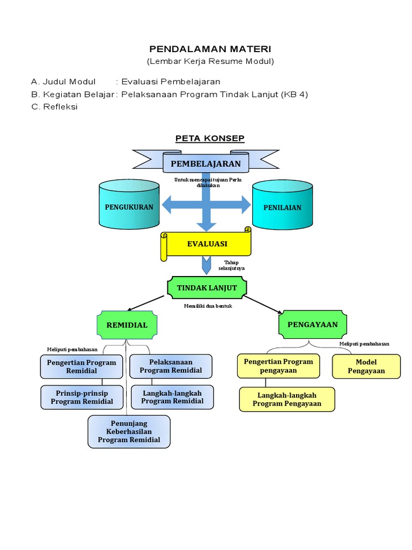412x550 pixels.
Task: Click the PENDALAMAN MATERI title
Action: coord(210,49)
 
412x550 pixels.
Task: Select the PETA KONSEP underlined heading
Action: coord(210,139)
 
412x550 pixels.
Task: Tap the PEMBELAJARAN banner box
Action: coord(206,163)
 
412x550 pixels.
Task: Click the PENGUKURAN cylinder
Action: coord(129,207)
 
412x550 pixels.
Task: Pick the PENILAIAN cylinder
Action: coord(282,207)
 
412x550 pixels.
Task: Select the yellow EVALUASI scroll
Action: coord(207,244)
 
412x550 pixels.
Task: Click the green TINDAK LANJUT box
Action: coord(207,288)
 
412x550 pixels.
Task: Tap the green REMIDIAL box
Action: coord(127,325)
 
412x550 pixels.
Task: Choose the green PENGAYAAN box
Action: coord(312,324)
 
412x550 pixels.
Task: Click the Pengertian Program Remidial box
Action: coord(82,366)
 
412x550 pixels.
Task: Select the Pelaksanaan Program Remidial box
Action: coord(171,366)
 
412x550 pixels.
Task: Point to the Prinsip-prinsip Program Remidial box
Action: coord(82,397)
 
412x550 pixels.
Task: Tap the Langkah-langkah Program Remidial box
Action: coord(172,397)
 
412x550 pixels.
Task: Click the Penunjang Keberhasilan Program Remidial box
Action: coord(129,431)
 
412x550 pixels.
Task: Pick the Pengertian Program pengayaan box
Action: coord(278,366)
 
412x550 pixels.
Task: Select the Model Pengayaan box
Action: coord(366,366)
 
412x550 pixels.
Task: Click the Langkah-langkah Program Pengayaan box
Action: coord(287,399)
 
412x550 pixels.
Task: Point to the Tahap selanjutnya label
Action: coord(231,265)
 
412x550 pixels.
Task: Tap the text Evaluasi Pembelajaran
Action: coord(171,82)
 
